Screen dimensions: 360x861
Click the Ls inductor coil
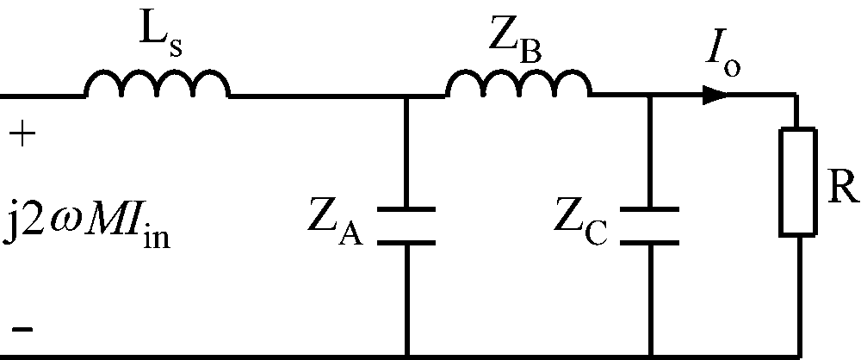158,84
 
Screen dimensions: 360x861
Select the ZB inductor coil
518,84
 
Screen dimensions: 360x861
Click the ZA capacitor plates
407,226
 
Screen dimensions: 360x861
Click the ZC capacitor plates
652,226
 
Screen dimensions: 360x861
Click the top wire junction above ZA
407,96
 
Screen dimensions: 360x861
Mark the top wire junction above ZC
652,96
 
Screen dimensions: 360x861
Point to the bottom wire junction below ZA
407,353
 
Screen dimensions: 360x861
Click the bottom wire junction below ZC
652,353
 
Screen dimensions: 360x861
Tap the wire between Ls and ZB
319,96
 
